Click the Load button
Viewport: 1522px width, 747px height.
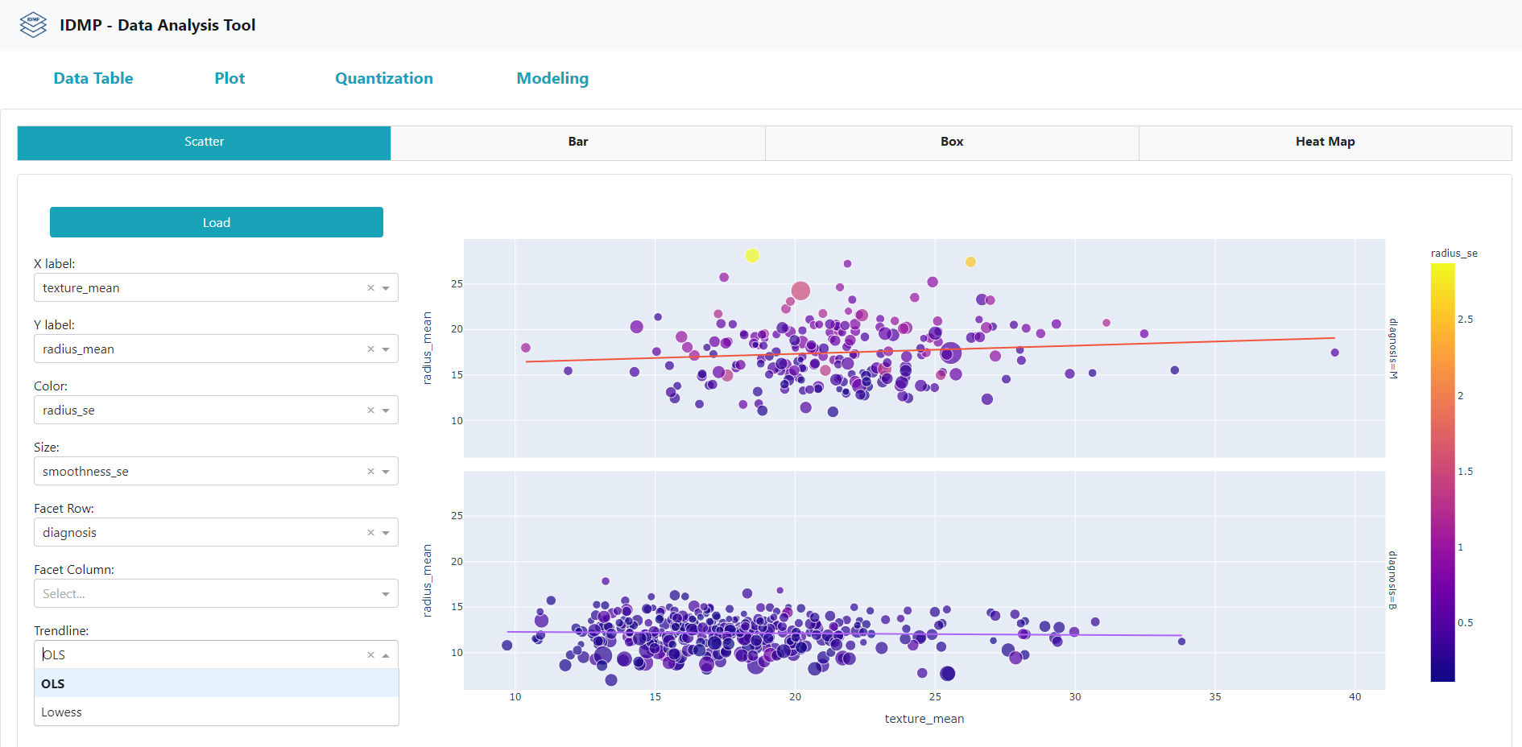pos(216,222)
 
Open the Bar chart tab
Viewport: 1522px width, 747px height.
pos(577,142)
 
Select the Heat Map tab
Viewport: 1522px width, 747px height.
pos(1325,142)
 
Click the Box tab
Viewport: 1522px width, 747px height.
pos(951,142)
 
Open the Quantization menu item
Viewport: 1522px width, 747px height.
pos(383,78)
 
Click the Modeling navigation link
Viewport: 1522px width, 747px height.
pos(552,78)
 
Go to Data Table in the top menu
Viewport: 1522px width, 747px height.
pos(93,78)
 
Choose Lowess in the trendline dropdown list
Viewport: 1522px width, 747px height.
pos(62,712)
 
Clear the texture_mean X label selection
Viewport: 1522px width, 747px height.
pos(370,288)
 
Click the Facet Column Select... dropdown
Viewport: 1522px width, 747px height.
pos(205,594)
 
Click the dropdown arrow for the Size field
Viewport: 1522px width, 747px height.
pos(386,472)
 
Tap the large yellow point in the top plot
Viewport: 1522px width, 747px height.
pos(752,256)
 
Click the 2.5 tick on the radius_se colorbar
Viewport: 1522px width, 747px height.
pos(1465,320)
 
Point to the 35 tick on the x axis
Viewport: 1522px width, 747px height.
pos(1214,697)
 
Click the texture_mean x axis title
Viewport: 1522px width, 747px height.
pos(924,719)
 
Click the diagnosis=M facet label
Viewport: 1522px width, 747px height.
pos(1392,349)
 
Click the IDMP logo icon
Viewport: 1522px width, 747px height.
pos(33,25)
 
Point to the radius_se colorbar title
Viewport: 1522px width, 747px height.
pos(1454,253)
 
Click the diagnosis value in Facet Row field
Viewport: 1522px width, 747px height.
pos(70,533)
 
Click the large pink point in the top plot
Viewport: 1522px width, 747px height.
pos(800,291)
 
